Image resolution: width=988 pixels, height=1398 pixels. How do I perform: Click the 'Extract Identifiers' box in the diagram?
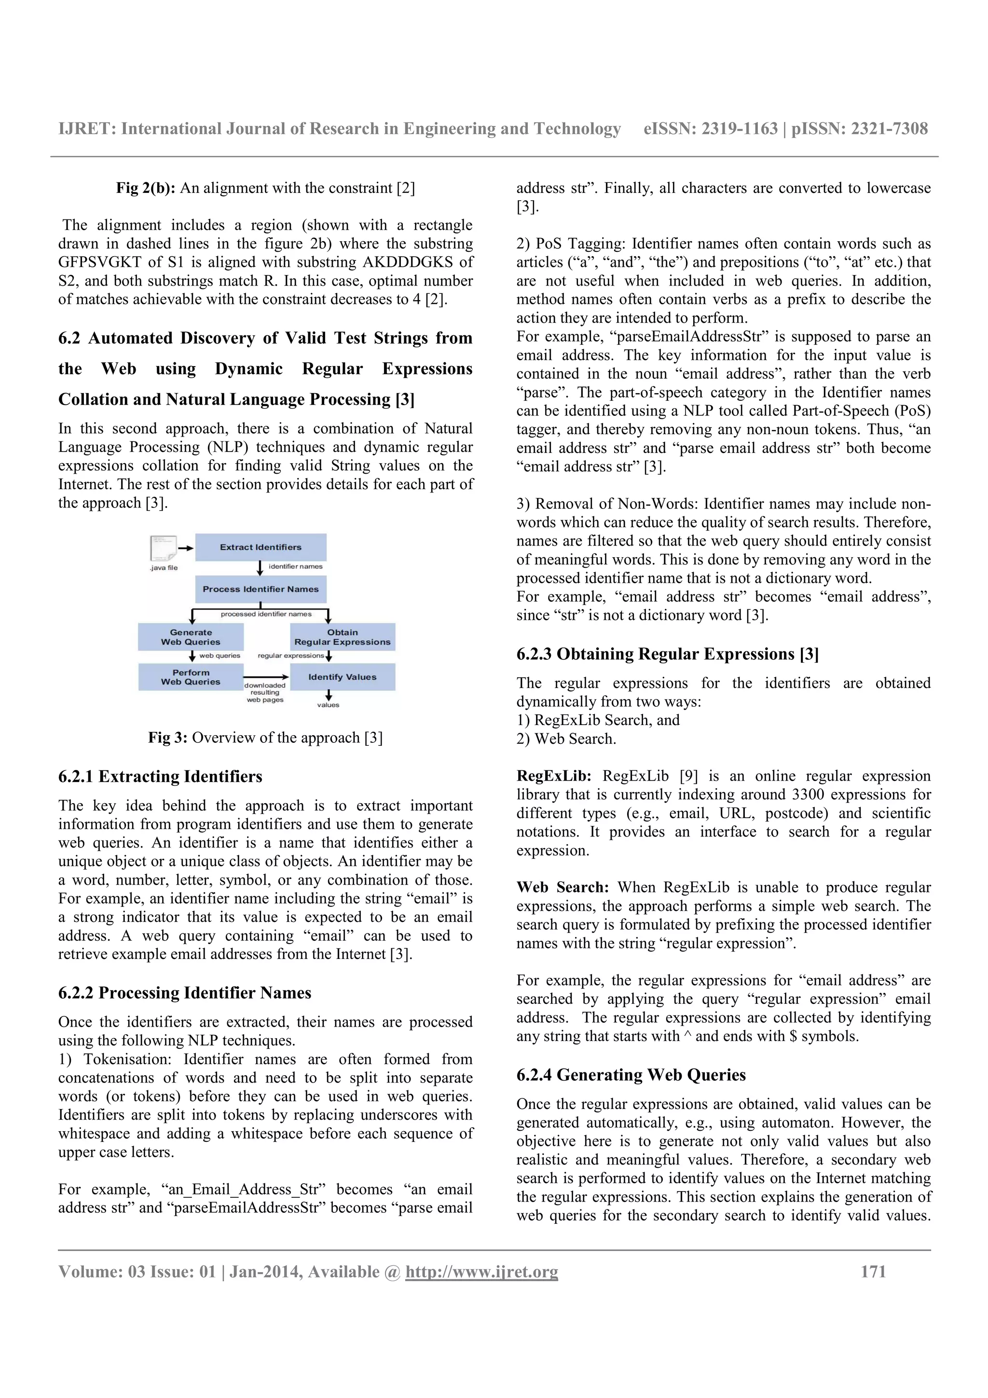point(261,547)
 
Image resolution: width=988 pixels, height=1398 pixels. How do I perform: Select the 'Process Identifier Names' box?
point(261,589)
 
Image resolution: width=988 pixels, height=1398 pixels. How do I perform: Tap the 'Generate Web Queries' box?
point(191,637)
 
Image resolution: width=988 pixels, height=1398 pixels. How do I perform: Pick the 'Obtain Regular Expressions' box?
point(342,637)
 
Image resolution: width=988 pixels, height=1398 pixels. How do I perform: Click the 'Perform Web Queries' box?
point(191,677)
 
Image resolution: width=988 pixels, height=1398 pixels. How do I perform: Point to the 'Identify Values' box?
point(342,677)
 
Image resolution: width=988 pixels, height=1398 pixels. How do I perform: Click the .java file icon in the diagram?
point(163,548)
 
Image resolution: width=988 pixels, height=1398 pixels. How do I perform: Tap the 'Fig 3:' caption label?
point(167,738)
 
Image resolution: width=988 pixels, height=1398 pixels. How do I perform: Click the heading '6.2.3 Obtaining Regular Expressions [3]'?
point(667,654)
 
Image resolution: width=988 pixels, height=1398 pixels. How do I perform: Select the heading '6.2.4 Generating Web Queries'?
point(631,1075)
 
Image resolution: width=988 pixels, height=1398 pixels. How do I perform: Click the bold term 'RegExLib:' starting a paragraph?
point(553,776)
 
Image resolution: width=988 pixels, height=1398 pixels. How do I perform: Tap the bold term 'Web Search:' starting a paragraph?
point(562,887)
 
